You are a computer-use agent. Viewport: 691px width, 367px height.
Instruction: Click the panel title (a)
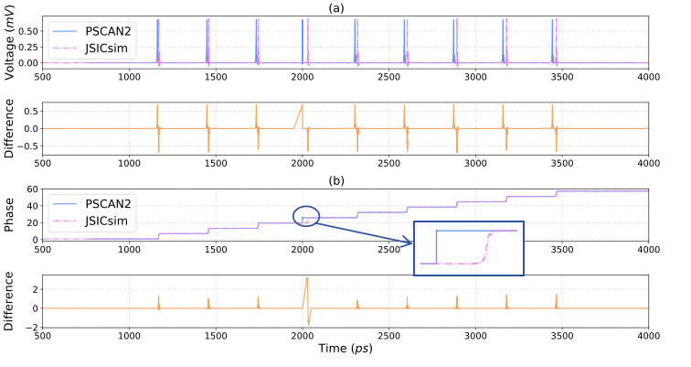[345, 7]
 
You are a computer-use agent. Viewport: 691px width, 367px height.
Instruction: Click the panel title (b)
[345, 179]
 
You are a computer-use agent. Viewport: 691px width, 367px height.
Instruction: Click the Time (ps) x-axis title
[345, 349]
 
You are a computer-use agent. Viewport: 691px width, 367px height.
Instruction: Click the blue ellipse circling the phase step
[306, 216]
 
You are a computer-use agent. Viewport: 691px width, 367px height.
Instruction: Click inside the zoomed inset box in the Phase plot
[468, 248]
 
